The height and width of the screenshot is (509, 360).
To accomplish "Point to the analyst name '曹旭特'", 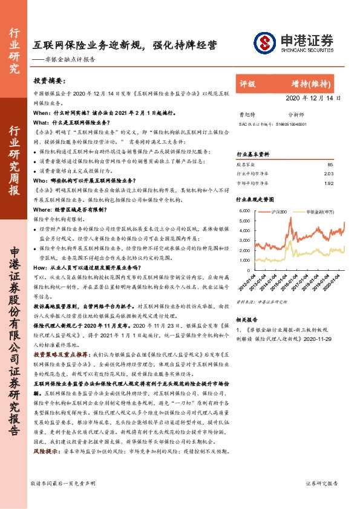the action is click(246, 114).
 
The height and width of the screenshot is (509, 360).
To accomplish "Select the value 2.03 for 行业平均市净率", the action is click(329, 174).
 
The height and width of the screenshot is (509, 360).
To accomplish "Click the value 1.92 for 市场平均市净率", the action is click(329, 183).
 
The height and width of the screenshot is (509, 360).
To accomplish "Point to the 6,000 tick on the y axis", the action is click(244, 211).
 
